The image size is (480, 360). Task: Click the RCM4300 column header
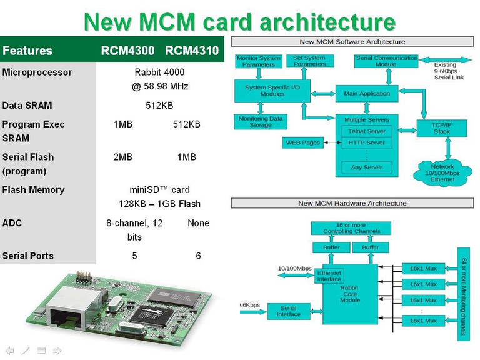point(128,51)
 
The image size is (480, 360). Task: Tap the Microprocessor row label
point(37,72)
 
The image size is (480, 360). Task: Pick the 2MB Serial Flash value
point(122,157)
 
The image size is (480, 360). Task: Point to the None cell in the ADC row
point(198,223)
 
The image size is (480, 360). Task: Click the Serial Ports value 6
point(198,256)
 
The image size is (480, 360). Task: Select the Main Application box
point(367,94)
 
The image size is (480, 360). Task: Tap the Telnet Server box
point(367,131)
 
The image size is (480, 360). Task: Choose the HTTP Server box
point(367,142)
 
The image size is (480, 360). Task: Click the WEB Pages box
point(303,142)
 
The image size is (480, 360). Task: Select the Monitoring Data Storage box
point(261,122)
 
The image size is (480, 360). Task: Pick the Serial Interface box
point(288,311)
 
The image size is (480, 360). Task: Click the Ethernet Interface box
point(329,276)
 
